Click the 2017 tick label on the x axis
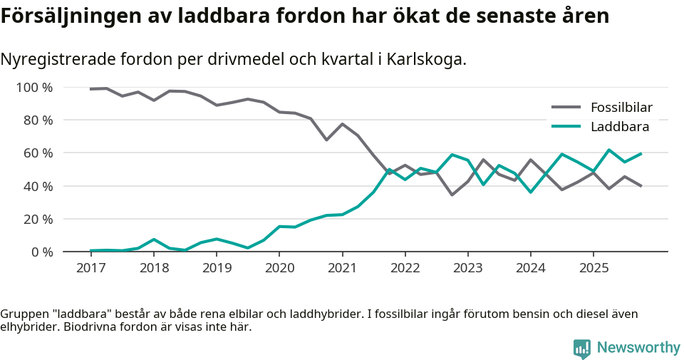pos(90,267)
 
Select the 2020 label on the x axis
pos(279,267)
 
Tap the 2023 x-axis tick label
pos(467,267)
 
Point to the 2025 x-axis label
pos(594,267)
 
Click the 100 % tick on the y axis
pos(35,88)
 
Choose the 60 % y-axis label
pos(38,153)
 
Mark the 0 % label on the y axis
pos(41,252)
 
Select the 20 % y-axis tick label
pos(38,219)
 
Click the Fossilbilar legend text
pos(621,108)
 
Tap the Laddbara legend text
pos(619,127)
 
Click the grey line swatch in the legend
pos(566,108)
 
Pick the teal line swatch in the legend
pos(566,127)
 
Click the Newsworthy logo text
pos(638,347)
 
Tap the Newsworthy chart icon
pos(582,348)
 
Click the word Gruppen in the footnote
pos(23,314)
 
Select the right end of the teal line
pos(641,153)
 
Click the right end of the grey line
pos(641,186)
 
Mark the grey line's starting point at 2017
pos(90,89)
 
